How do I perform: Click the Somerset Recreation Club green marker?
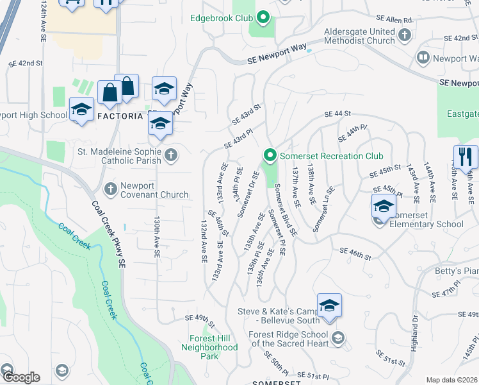[x=270, y=155]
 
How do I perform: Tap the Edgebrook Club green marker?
[x=262, y=18]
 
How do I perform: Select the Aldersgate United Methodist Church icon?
[x=404, y=36]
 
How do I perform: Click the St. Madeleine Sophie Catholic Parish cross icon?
[x=170, y=155]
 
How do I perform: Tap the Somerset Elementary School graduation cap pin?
[x=384, y=207]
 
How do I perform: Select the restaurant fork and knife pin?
[x=466, y=157]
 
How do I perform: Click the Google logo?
[x=20, y=377]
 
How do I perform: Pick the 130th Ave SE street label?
[x=156, y=236]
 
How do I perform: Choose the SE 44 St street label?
[x=338, y=114]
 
